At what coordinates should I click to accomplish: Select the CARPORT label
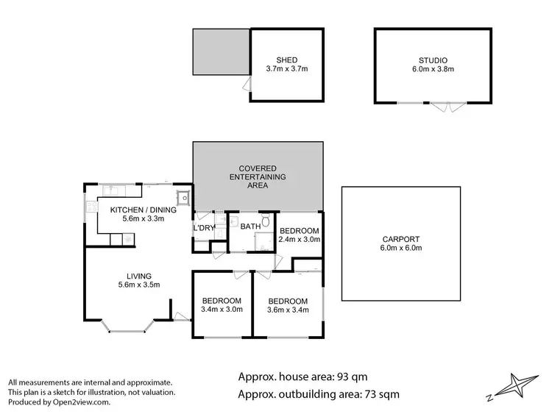pos(402,239)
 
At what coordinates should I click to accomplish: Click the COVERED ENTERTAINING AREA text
pos(257,177)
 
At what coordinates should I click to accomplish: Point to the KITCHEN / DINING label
pos(143,210)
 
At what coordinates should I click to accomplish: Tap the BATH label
pos(250,227)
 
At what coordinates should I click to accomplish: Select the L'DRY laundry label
pos(204,228)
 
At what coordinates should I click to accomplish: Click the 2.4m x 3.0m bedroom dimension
pos(300,239)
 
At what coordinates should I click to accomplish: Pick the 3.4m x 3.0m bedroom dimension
pos(222,310)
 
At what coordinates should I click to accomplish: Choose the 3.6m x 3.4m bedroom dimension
pos(287,310)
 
